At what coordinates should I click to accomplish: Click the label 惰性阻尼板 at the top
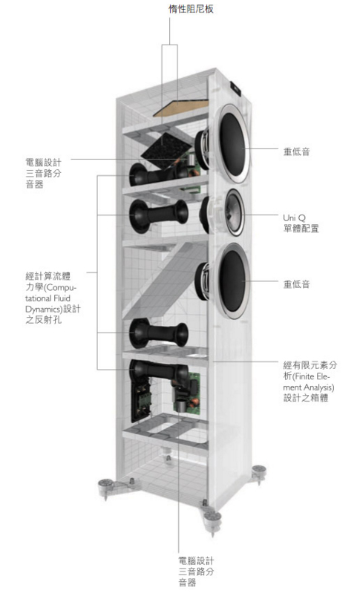pyautogui.click(x=191, y=9)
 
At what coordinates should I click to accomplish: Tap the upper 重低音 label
pyautogui.click(x=296, y=151)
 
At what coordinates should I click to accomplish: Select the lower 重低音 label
pyautogui.click(x=296, y=284)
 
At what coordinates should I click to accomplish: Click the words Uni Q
pyautogui.click(x=294, y=217)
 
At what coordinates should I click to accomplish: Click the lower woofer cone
pyautogui.click(x=232, y=281)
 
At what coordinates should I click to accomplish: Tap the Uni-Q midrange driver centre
pyautogui.click(x=234, y=212)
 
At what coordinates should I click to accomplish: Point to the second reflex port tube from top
pyautogui.click(x=159, y=215)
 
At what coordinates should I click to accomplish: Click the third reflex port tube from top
pyautogui.click(x=159, y=333)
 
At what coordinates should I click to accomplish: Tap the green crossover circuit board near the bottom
pyautogui.click(x=187, y=393)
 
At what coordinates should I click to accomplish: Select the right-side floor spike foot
pyautogui.click(x=259, y=473)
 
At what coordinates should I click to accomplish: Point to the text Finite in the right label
pyautogui.click(x=305, y=376)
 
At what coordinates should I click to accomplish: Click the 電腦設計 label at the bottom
pyautogui.click(x=197, y=561)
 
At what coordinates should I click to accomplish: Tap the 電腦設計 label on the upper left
pyautogui.click(x=43, y=163)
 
